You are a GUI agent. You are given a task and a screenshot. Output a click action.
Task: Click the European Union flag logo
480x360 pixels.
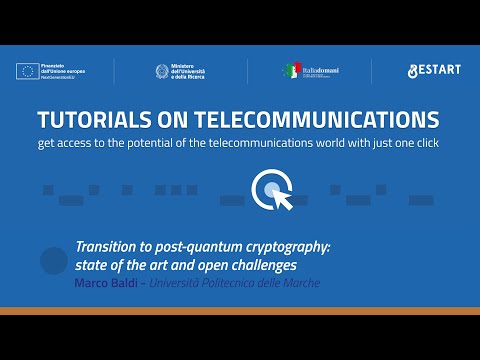27,71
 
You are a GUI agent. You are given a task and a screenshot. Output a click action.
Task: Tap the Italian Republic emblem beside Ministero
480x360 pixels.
162,71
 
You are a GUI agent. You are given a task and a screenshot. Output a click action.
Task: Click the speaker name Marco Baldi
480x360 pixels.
104,284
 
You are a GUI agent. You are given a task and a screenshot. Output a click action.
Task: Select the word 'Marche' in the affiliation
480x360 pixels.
300,284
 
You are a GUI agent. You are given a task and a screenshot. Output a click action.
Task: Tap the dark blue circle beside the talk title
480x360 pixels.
53,262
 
